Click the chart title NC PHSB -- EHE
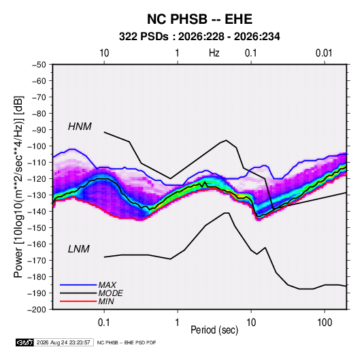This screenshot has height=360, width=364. pos(199,19)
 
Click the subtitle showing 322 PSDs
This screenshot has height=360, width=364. pos(199,37)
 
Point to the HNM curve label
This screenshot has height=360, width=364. pos(80,127)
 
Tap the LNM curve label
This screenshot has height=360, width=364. pos(79,249)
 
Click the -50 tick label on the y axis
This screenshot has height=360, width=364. pos(39,65)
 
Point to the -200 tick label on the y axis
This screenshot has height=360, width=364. pos(37,310)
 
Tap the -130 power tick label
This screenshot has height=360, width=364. pos(37,195)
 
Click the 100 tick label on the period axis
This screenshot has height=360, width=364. pos(325,323)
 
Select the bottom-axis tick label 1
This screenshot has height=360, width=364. pos(178,323)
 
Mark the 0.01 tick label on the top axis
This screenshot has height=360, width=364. pos(324,53)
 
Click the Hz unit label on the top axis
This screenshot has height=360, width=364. pos(214,53)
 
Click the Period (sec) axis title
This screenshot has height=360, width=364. pos(214,330)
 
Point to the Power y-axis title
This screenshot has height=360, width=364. pos(18,186)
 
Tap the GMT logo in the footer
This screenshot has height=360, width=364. pos(25,342)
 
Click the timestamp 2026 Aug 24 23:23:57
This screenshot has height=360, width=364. pos(63,342)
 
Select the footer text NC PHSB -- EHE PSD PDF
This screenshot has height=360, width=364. pos(127,342)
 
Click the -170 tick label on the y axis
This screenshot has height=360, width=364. pos(37,261)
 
